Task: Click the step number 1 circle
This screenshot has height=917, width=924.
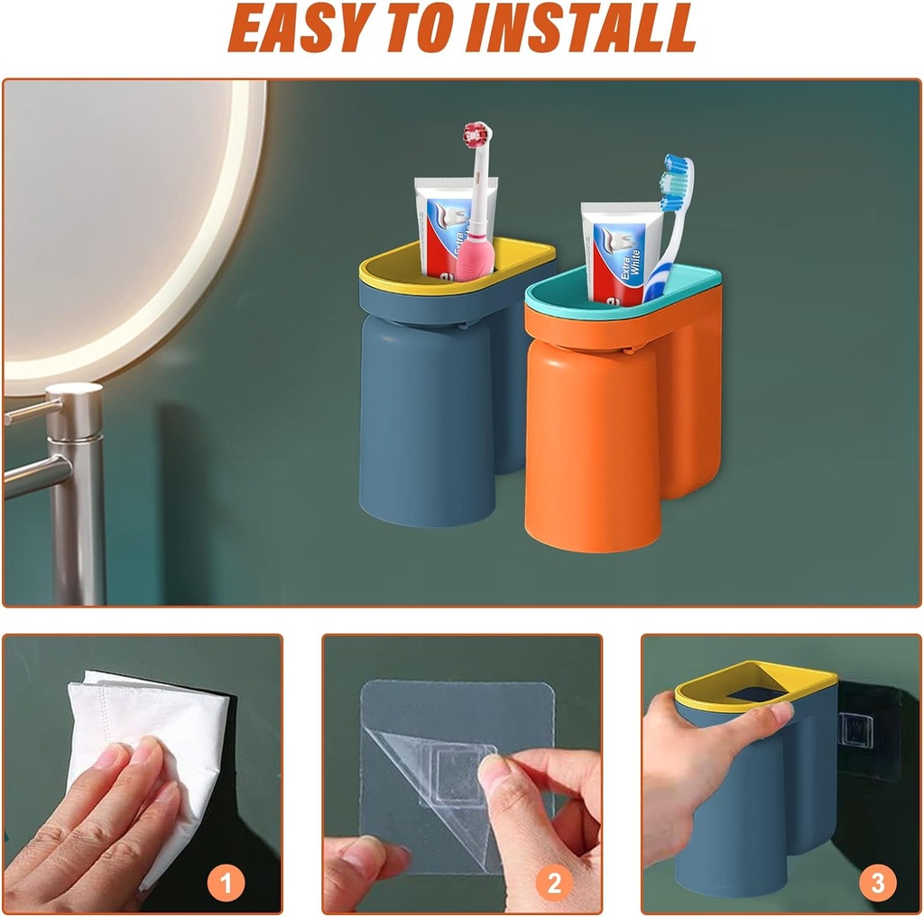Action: coord(226,882)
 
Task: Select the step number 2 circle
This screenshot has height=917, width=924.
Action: coord(554,882)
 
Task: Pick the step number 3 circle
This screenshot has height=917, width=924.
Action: coord(877,882)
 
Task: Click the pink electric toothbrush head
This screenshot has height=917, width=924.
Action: coord(476,136)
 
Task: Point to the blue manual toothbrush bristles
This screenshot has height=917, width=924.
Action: coord(673,181)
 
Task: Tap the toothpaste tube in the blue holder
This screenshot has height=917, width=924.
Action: coord(447,227)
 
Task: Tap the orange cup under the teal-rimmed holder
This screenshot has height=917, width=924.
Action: coord(591,448)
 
